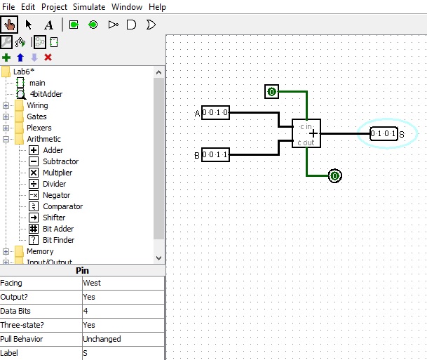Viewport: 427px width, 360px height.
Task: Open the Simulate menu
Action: click(89, 7)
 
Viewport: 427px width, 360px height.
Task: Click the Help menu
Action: click(157, 7)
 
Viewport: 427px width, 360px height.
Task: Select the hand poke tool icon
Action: click(9, 25)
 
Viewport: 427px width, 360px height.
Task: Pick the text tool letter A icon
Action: click(49, 25)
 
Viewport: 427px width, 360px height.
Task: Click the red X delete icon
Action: click(48, 58)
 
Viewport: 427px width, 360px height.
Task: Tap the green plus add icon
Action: click(6, 58)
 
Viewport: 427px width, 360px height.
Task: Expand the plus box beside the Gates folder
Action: click(6, 116)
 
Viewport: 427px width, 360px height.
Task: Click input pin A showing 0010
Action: click(215, 112)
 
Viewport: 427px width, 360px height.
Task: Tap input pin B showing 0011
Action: click(215, 155)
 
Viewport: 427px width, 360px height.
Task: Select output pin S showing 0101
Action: click(384, 133)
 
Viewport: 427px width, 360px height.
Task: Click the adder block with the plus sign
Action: click(306, 133)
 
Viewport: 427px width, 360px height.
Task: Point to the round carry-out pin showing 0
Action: click(335, 175)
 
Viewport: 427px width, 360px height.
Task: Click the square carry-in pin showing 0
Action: click(271, 91)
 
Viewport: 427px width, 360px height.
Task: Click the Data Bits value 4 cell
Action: click(123, 311)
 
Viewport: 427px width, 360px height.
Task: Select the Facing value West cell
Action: click(123, 283)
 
